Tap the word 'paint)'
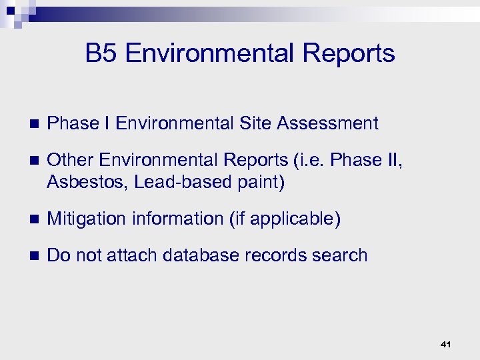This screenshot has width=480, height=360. coord(261,183)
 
